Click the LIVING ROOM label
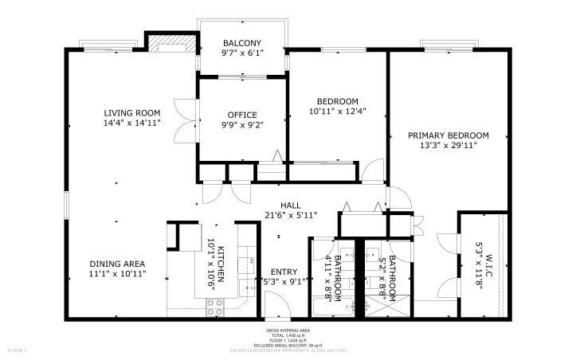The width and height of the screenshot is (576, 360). (x=131, y=112)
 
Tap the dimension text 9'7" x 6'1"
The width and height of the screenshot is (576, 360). (x=242, y=53)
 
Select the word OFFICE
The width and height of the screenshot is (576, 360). (x=242, y=115)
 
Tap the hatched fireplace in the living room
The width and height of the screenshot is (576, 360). (x=170, y=42)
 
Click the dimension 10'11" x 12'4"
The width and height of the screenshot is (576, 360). (x=337, y=112)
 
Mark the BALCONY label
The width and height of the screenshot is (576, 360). (x=242, y=43)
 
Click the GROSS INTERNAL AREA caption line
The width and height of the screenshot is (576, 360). (x=288, y=330)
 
